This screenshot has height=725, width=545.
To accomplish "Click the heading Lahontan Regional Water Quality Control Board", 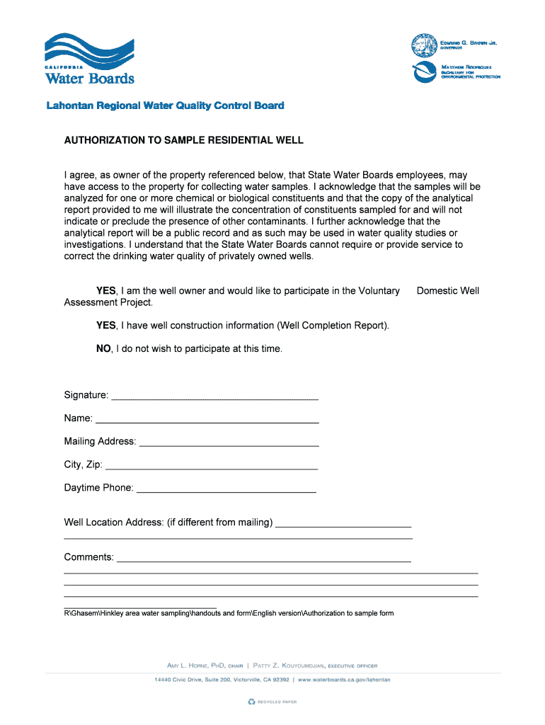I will coord(165,105).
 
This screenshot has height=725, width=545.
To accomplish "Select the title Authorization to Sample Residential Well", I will coord(183,140).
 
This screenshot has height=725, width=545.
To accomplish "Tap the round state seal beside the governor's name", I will coord(424,45).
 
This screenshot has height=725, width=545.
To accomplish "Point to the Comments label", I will coord(88,557).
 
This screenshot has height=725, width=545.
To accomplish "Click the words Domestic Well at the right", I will coord(448,291).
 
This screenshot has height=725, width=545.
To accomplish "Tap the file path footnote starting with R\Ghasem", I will coord(229,613).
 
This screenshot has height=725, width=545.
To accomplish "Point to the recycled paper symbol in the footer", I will coord(251,702).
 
